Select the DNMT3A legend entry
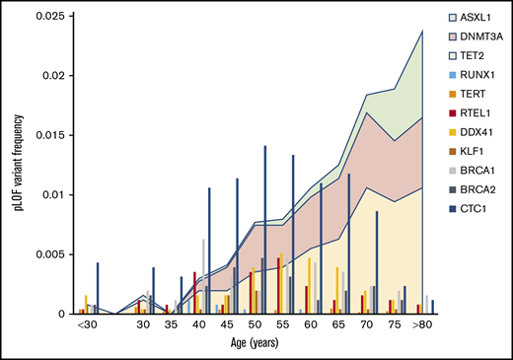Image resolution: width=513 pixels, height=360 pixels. (x=479, y=37)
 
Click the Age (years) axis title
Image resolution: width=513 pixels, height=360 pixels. (x=249, y=344)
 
